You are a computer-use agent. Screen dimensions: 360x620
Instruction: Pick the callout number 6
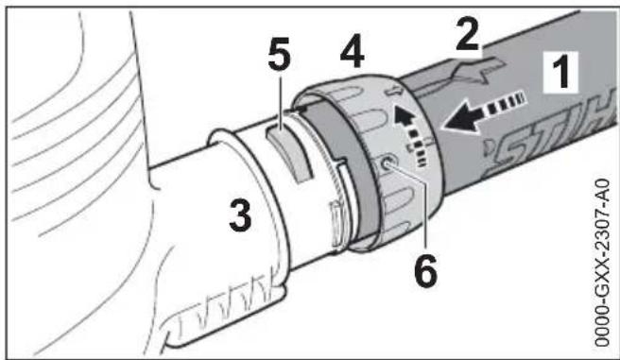click(425, 266)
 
